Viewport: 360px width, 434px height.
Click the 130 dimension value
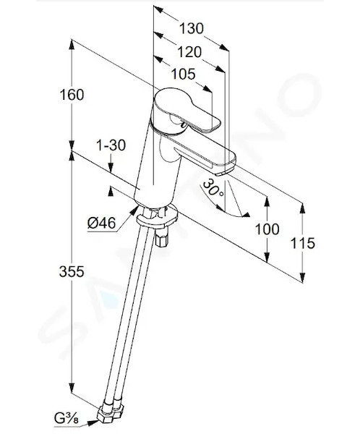pos(192,28)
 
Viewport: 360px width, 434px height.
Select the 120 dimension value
pos(189,52)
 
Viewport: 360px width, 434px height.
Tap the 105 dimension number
pos(183,75)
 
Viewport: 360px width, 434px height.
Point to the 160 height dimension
pos(72,95)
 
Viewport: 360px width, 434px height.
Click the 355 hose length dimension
pos(72,271)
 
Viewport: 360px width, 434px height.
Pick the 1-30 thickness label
pos(111,145)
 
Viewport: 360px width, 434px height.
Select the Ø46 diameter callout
pos(101,223)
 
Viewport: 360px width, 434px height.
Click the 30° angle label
pos(213,187)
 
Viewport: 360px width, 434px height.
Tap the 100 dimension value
pos(267,229)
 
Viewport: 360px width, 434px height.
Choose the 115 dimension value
pos(303,243)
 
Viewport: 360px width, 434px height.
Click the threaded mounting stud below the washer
pos(162,238)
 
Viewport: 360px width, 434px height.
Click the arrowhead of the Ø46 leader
pos(134,210)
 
